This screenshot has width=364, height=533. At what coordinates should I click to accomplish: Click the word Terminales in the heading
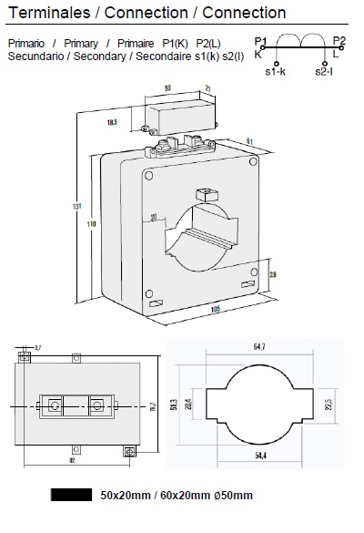click(41, 13)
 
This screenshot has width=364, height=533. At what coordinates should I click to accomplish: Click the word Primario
click(27, 44)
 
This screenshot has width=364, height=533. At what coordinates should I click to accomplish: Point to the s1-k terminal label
click(276, 70)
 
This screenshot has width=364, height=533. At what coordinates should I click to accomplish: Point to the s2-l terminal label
click(326, 70)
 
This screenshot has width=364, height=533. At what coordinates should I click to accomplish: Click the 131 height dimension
click(76, 206)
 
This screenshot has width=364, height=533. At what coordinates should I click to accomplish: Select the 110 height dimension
click(91, 223)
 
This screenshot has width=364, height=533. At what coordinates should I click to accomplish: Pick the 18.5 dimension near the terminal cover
click(112, 121)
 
